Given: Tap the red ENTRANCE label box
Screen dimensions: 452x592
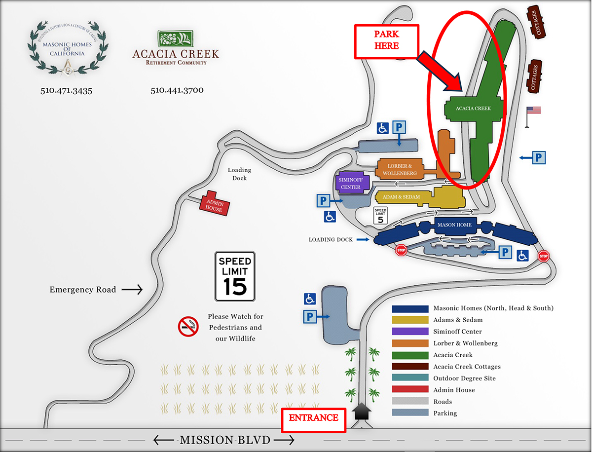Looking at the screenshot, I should pyautogui.click(x=313, y=418).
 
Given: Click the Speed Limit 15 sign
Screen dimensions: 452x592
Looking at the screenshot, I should pyautogui.click(x=235, y=276).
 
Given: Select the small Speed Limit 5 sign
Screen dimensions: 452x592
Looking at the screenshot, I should pyautogui.click(x=380, y=216).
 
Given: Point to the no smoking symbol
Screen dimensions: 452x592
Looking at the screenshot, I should pyautogui.click(x=188, y=327).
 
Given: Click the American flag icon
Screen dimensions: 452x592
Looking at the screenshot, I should pyautogui.click(x=533, y=111).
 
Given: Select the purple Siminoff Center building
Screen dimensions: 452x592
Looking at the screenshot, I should pyautogui.click(x=351, y=183).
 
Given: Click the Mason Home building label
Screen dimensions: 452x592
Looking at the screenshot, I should pyautogui.click(x=454, y=225).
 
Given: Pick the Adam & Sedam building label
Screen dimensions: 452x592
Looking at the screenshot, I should pyautogui.click(x=398, y=197).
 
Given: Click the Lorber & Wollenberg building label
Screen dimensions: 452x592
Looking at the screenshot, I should pyautogui.click(x=399, y=170).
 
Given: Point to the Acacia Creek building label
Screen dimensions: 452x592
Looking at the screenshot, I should pyautogui.click(x=473, y=109).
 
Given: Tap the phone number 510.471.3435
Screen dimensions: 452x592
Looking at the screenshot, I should pyautogui.click(x=67, y=91).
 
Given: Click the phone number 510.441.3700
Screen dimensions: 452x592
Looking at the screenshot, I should pyautogui.click(x=177, y=91).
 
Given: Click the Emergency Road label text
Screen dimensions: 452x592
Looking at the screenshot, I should pyautogui.click(x=82, y=290).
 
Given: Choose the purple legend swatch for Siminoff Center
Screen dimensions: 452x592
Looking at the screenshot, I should pyautogui.click(x=410, y=332).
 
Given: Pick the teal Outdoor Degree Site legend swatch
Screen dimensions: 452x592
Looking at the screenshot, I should pyautogui.click(x=410, y=378).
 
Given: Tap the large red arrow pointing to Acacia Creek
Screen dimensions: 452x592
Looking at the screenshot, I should pyautogui.click(x=440, y=71).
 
